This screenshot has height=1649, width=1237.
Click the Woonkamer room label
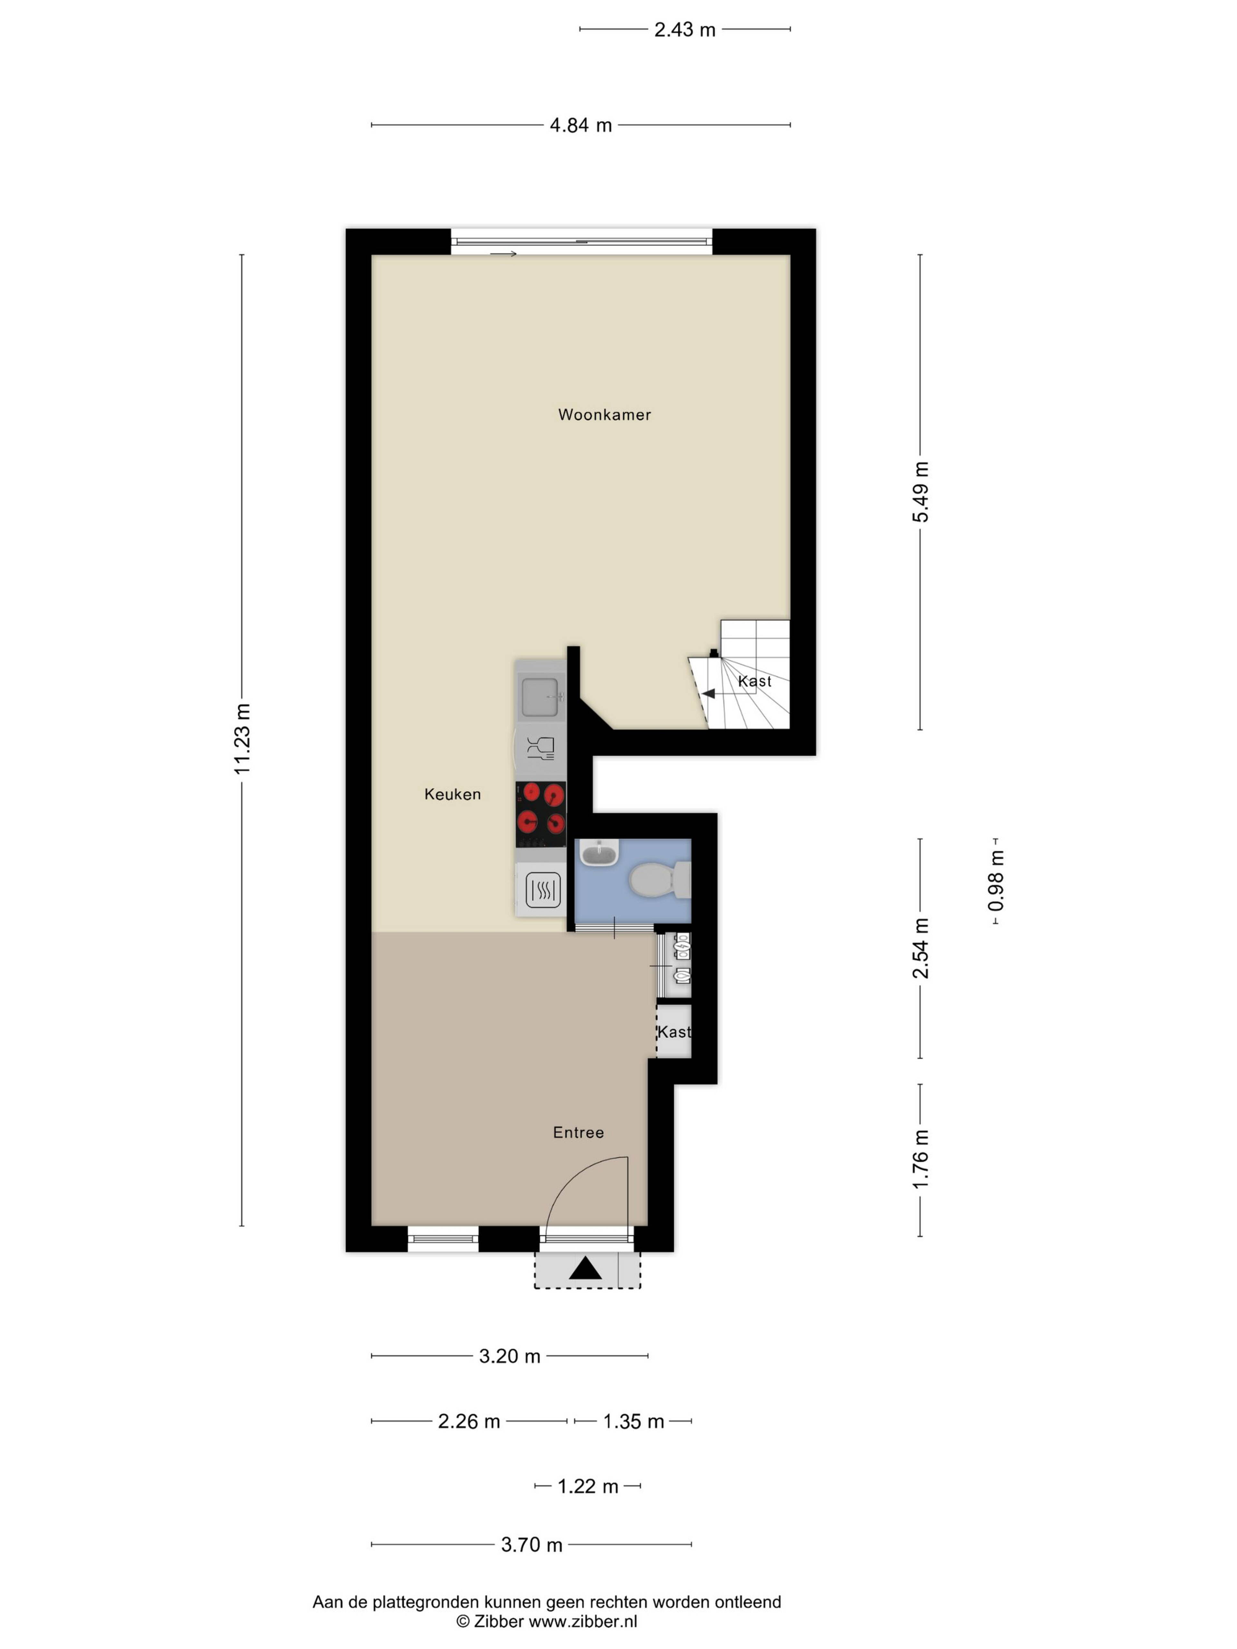(x=604, y=415)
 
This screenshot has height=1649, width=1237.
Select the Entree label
(x=578, y=1132)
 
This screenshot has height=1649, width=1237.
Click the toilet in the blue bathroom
(x=660, y=880)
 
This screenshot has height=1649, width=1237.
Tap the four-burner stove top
(x=541, y=815)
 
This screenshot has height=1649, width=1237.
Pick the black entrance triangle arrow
(x=585, y=1268)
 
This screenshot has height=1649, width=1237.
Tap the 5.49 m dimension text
(x=921, y=492)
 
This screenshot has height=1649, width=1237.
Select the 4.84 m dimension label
(x=581, y=125)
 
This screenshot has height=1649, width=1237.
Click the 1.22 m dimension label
(x=588, y=1486)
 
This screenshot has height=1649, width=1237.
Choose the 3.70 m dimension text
(x=532, y=1545)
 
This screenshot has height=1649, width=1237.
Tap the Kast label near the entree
(x=674, y=1032)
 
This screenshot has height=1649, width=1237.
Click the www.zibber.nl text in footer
(x=583, y=1621)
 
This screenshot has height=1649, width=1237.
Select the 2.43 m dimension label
(x=685, y=30)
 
